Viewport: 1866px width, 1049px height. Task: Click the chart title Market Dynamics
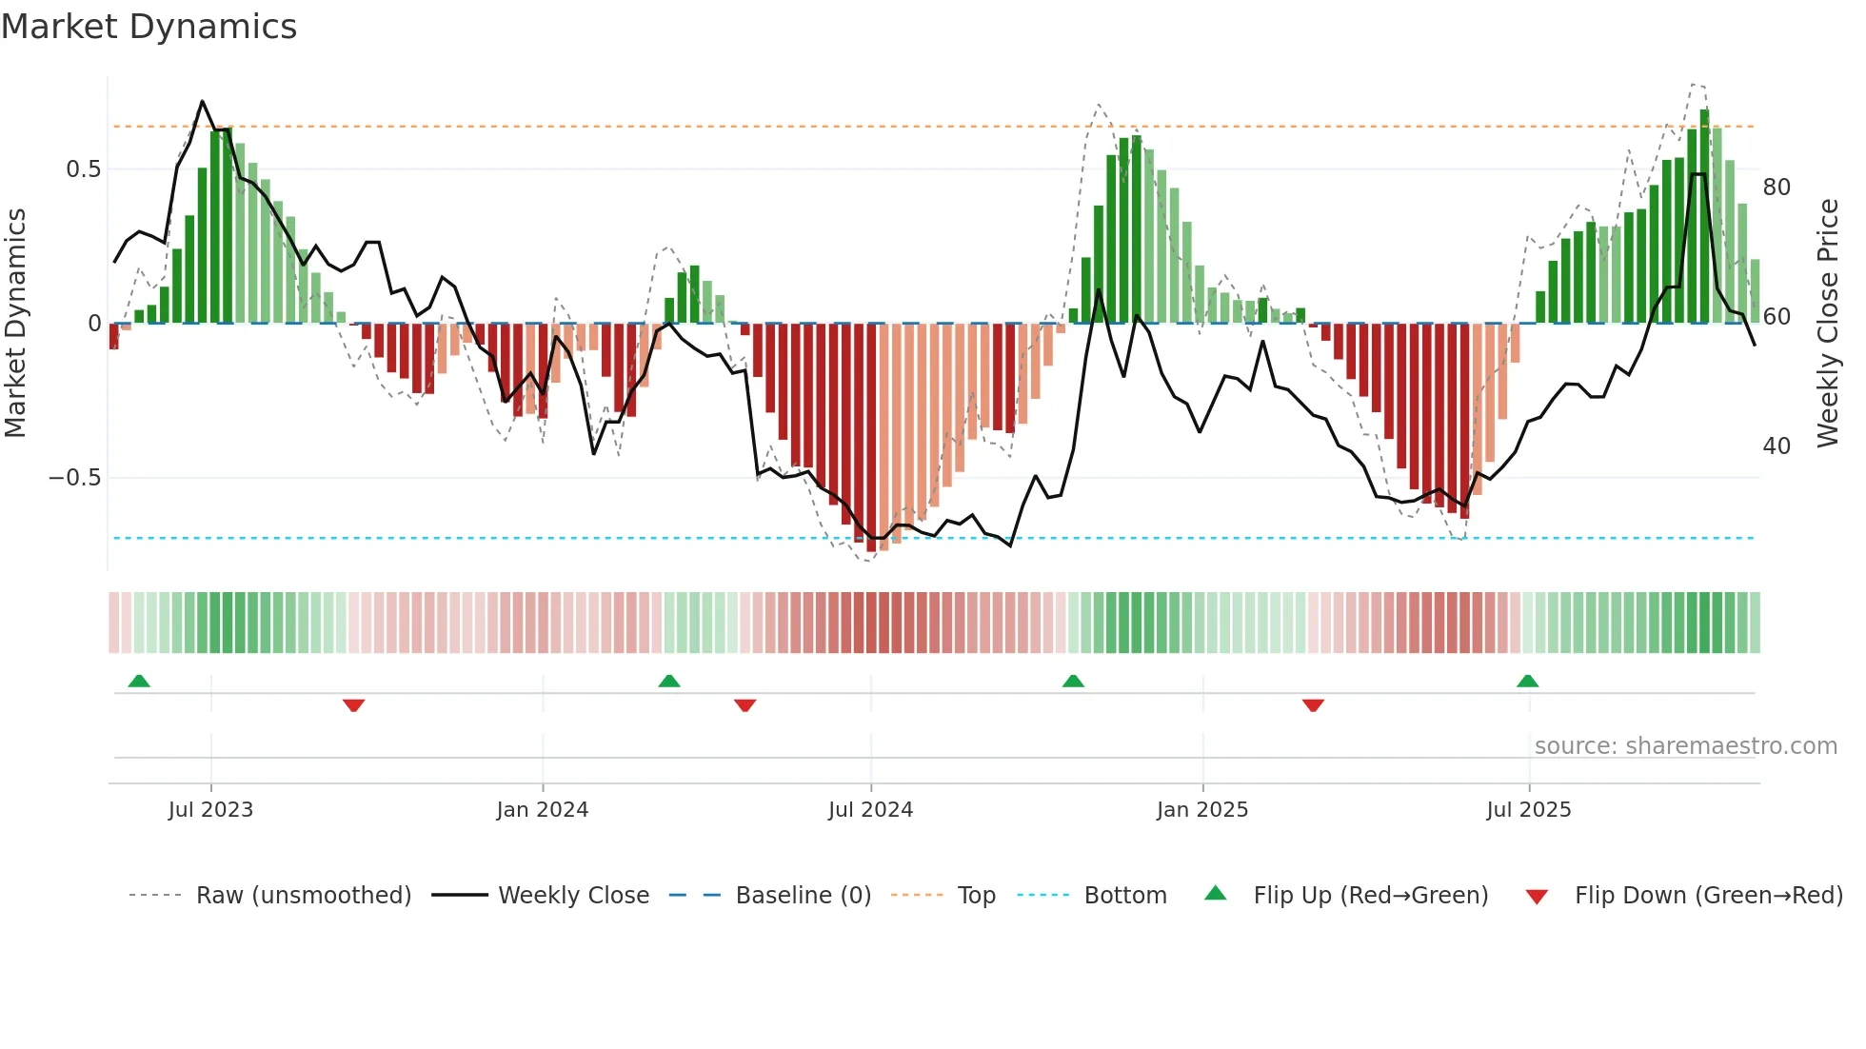149,27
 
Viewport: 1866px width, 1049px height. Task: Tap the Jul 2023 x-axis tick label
210,810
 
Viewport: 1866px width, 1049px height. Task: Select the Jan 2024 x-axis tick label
542,810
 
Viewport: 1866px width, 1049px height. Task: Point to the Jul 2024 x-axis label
870,810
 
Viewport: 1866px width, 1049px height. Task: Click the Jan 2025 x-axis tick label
1201,810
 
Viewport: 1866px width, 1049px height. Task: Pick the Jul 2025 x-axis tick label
1528,810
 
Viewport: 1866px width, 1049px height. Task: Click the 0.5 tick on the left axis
83,169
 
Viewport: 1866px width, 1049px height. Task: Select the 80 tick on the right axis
1777,188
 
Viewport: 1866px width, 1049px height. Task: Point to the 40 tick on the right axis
1777,446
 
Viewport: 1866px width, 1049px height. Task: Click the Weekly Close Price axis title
1827,324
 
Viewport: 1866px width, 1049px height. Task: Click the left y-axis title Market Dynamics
15,324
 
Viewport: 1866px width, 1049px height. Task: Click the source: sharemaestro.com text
1685,746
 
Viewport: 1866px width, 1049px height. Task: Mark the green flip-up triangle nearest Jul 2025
1527,682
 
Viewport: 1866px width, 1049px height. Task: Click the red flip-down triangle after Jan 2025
1313,705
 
